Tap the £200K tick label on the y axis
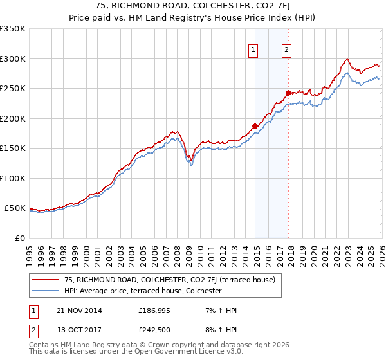point(13,118)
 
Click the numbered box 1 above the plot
point(253,50)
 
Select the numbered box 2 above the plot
point(286,50)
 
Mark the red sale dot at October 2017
point(288,93)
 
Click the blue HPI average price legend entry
point(143,291)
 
